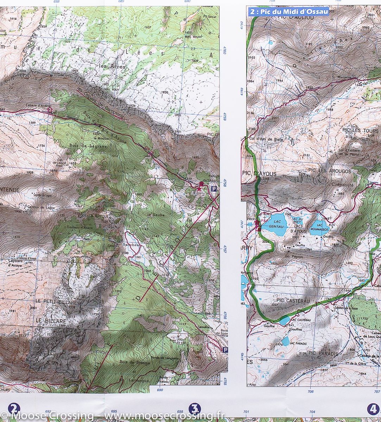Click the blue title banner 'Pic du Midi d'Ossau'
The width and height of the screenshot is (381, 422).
pyautogui.click(x=288, y=12)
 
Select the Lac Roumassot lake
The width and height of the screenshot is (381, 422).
pyautogui.click(x=319, y=228)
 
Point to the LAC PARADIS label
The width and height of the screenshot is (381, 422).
pyautogui.click(x=298, y=343)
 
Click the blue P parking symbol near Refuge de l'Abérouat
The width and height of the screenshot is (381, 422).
pyautogui.click(x=214, y=189)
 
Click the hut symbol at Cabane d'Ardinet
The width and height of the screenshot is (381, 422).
pyautogui.click(x=50, y=110)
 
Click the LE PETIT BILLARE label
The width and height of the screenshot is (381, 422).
pyautogui.click(x=56, y=302)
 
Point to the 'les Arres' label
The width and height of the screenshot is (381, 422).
pyautogui.click(x=107, y=66)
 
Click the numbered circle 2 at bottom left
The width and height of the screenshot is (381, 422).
pyautogui.click(x=14, y=409)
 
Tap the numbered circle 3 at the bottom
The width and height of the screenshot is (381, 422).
pyautogui.click(x=194, y=409)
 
